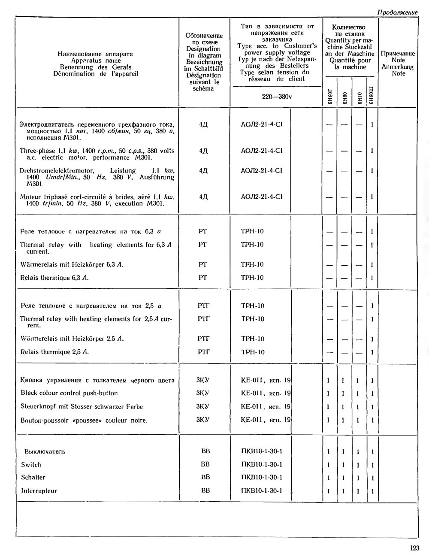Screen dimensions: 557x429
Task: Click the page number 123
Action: coord(414,548)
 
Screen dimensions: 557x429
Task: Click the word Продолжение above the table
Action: coord(397,12)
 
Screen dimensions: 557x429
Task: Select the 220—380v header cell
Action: coord(277,97)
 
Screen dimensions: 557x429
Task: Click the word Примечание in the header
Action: coord(398,54)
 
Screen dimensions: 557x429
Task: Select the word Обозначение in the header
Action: coord(204,36)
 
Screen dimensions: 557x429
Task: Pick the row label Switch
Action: coord(31,464)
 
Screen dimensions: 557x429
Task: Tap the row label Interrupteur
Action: coord(39,491)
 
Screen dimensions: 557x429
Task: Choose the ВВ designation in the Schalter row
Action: coord(205,477)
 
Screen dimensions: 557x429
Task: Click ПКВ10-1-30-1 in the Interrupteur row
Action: coord(262,490)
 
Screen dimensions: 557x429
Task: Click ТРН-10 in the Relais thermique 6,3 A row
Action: coord(252,278)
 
